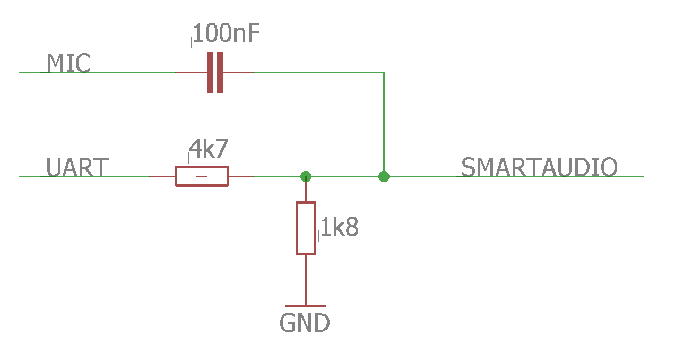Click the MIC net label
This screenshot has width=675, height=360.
tap(68, 64)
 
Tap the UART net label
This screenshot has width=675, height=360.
tap(77, 167)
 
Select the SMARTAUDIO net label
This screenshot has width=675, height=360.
tap(539, 167)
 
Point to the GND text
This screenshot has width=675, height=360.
tap(305, 323)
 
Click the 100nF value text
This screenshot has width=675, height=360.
tap(227, 34)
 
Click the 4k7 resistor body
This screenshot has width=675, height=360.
tap(202, 176)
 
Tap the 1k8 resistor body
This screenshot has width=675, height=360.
tap(306, 228)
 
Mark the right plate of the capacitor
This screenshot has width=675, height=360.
tap(220, 72)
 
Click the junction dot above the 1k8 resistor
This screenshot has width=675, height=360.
tap(306, 176)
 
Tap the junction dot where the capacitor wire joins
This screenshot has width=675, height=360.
tap(384, 176)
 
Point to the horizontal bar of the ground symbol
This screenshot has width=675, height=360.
tap(306, 306)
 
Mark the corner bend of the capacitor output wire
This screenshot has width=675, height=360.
tap(384, 72)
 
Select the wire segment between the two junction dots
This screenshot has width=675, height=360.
tap(345, 176)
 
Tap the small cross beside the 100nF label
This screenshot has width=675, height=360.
tap(191, 42)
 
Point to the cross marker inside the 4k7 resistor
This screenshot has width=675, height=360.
tap(202, 176)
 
